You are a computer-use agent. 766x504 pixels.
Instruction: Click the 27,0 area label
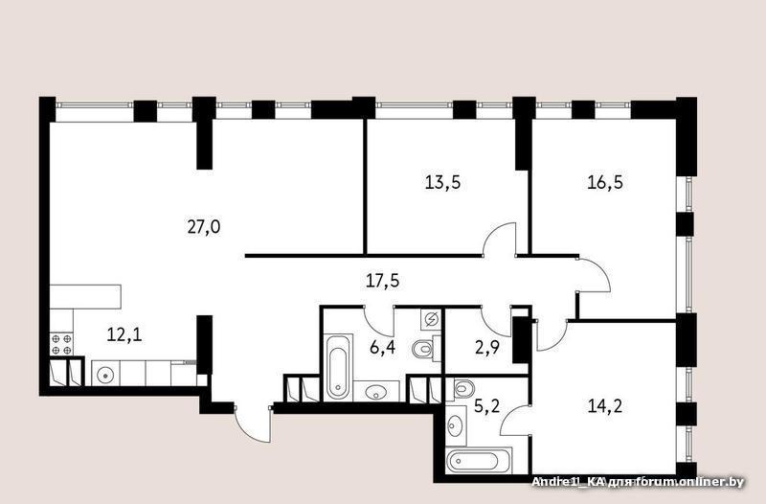[x=204, y=227]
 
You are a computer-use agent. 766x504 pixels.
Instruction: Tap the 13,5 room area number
[x=442, y=183]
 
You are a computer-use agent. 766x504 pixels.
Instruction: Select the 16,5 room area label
[x=605, y=182]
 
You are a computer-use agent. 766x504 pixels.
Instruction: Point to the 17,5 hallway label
[x=382, y=281]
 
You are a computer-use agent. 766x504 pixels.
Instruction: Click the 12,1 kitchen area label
[x=124, y=334]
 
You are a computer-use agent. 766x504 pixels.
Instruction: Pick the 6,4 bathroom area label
[x=382, y=348]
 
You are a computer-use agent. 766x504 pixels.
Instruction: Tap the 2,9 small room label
[x=486, y=348]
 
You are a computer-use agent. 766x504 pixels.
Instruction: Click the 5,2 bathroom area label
[x=487, y=405]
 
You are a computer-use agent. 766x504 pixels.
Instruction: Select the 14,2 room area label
[x=605, y=405]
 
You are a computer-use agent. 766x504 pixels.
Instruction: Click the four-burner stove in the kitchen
[x=61, y=344]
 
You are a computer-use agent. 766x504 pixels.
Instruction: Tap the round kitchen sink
[x=105, y=376]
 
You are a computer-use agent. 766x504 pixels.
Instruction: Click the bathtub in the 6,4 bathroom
[x=338, y=367]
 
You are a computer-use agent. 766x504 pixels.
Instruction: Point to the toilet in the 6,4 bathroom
[x=425, y=350]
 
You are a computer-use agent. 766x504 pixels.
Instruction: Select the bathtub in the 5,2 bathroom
[x=479, y=461]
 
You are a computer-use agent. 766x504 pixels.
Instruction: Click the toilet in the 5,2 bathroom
[x=461, y=390]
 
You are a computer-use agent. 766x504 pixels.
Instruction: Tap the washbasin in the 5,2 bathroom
[x=456, y=424]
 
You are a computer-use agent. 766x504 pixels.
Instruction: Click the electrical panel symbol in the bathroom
[x=431, y=320]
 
